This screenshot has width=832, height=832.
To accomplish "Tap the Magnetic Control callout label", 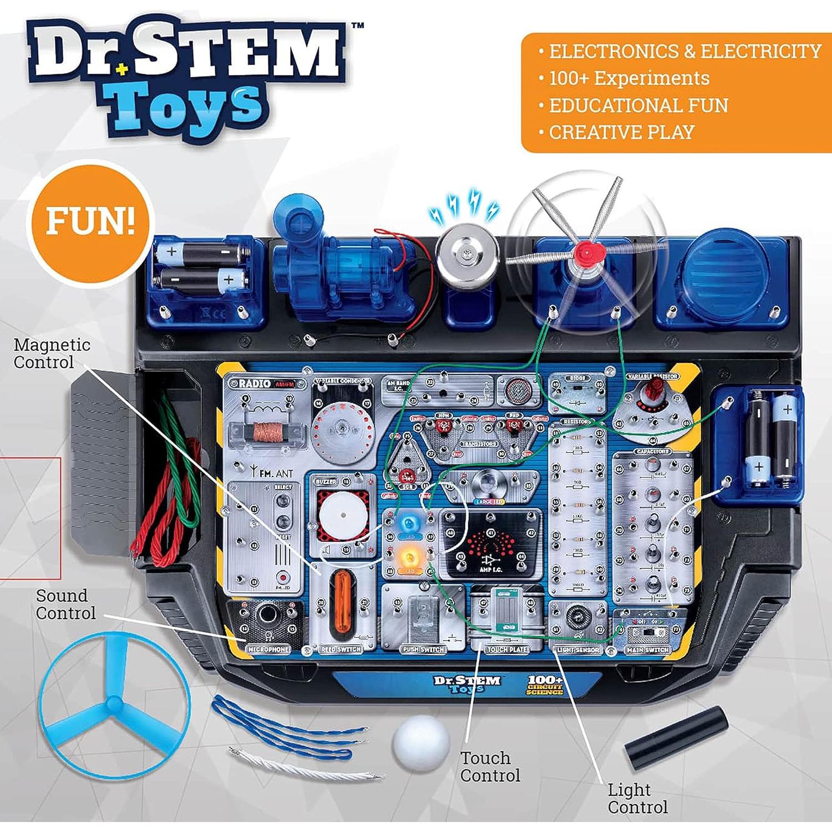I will pos(52,353).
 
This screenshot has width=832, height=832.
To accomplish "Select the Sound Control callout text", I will pos(65,604).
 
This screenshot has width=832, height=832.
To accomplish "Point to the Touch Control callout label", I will pos(490,767).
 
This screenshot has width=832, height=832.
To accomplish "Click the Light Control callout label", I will pos(637,798).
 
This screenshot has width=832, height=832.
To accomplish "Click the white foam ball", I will pos(421,743).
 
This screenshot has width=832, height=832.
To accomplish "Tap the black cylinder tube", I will pos(676,737).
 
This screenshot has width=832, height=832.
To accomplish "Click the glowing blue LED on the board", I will pos(410,522).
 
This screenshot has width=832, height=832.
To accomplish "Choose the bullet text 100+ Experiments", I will pos(629,78).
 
